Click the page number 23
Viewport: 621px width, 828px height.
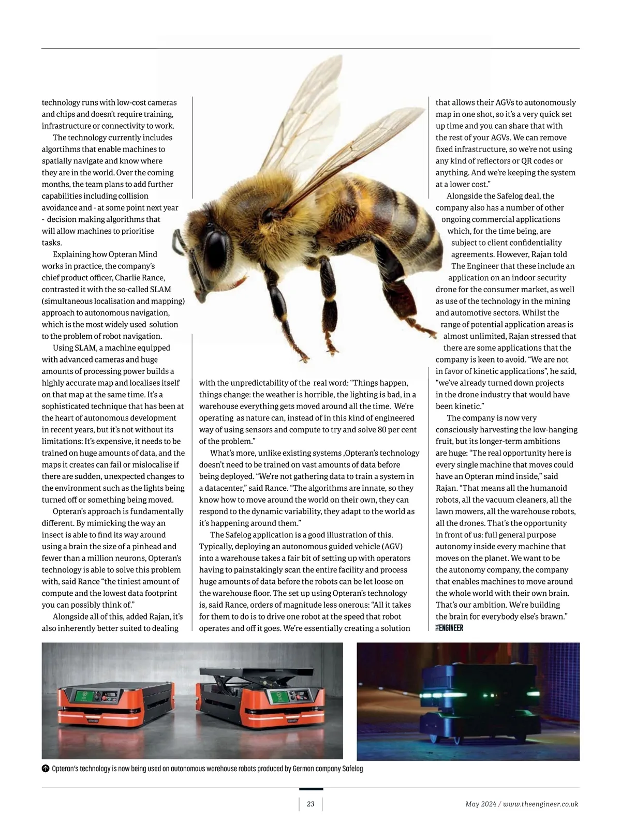(310, 804)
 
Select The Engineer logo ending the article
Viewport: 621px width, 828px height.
(449, 628)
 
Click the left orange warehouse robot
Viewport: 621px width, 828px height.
(115, 706)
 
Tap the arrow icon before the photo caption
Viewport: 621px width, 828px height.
(46, 769)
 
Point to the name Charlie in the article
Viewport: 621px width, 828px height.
(128, 278)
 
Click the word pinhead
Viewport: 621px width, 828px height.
(160, 546)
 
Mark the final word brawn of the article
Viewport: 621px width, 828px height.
(556, 616)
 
